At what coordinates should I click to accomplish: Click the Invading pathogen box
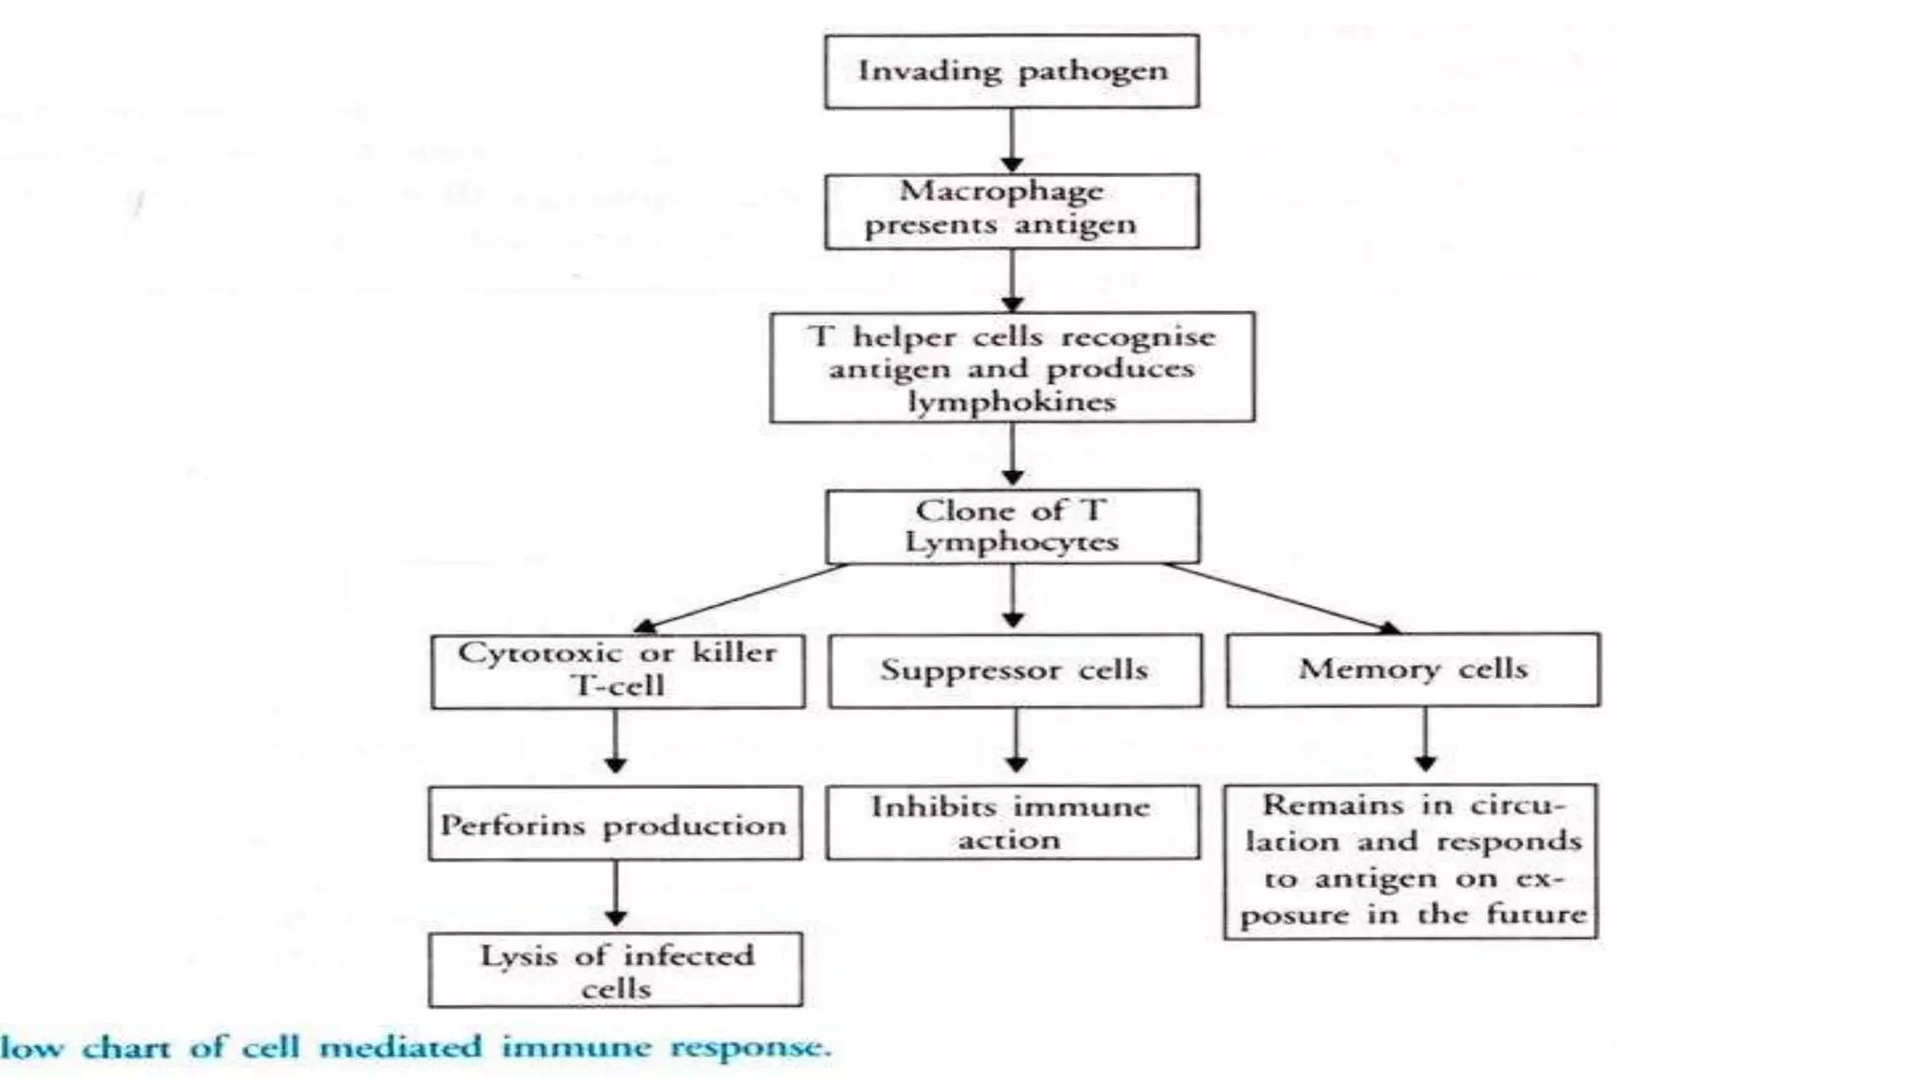point(1012,72)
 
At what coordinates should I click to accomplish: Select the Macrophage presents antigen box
point(1012,210)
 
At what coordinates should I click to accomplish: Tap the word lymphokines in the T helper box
point(1012,402)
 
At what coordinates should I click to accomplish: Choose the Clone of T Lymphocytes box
point(1012,526)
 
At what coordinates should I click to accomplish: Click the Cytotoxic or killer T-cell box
point(617,670)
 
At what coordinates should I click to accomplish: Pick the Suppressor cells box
point(1015,670)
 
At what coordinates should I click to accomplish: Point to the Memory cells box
point(1412,669)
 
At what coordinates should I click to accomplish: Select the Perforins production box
point(614,824)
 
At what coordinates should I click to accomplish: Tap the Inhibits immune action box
point(1012,823)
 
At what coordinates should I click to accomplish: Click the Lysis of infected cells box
point(615,969)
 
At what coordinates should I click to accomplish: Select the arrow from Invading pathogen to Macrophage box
point(1012,140)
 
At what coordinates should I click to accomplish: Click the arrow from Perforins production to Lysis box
point(615,894)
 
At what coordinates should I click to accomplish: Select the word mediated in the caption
point(400,1046)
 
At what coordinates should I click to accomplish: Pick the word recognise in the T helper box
point(1138,337)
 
